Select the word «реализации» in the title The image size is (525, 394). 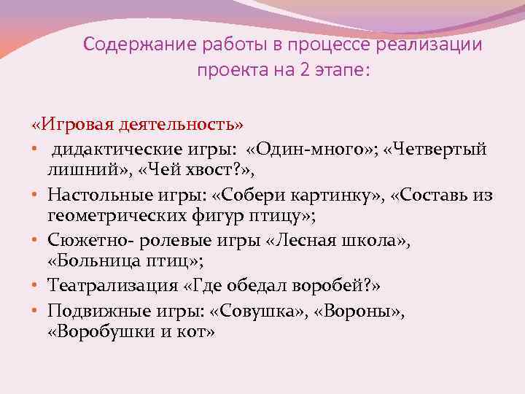tap(437, 45)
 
